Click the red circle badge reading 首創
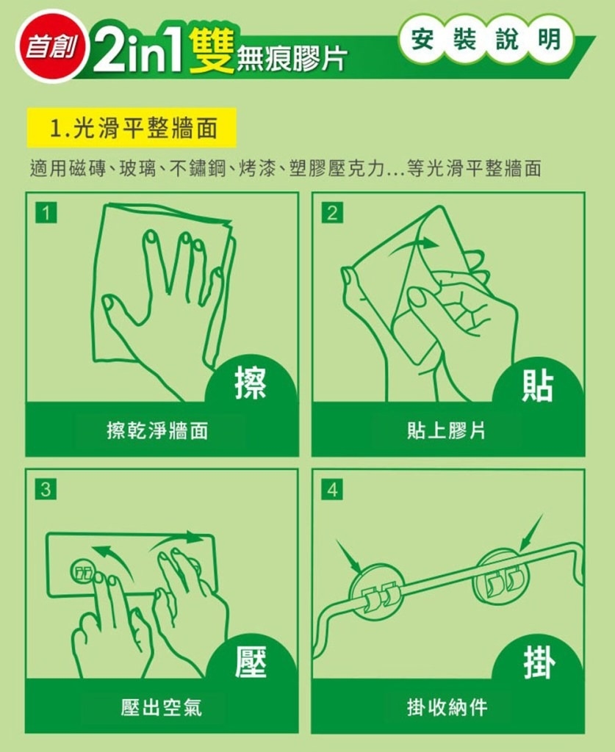[x=51, y=46]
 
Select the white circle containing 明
[x=550, y=39]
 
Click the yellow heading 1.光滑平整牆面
[x=132, y=128]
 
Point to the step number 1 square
[x=46, y=212]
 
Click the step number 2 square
[x=332, y=212]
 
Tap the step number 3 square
[x=46, y=490]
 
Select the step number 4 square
[x=332, y=490]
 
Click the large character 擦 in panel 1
[x=251, y=383]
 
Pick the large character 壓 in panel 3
[x=251, y=661]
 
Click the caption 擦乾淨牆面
[x=157, y=430]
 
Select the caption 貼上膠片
[x=446, y=430]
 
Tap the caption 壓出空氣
[x=162, y=707]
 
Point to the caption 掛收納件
[x=447, y=707]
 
